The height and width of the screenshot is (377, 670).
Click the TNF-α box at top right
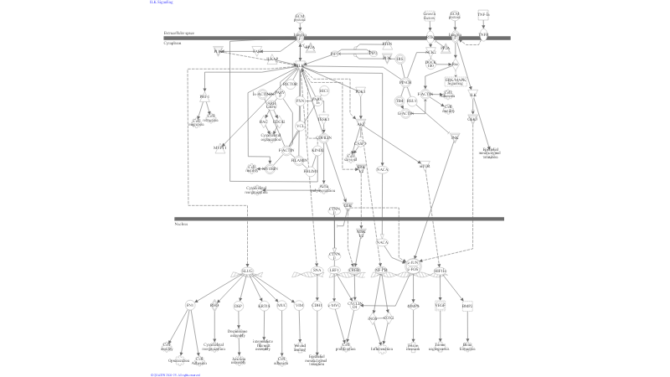click(x=483, y=14)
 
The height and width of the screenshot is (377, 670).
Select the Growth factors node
click(x=430, y=15)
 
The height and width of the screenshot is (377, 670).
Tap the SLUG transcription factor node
click(x=247, y=271)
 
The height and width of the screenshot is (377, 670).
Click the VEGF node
click(x=440, y=306)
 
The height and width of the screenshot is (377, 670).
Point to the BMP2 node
click(x=467, y=306)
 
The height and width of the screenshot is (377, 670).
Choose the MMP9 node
click(x=413, y=306)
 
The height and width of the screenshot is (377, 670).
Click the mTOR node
click(x=425, y=166)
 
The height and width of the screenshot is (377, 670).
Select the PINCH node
click(x=405, y=83)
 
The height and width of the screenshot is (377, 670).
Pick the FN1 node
click(x=190, y=306)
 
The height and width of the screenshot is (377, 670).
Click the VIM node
click(x=300, y=306)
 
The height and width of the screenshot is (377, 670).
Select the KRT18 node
click(x=264, y=306)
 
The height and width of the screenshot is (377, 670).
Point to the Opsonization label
click(x=178, y=360)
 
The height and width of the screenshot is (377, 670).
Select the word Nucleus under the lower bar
click(x=181, y=225)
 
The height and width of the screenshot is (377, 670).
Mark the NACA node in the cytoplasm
click(x=382, y=170)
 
